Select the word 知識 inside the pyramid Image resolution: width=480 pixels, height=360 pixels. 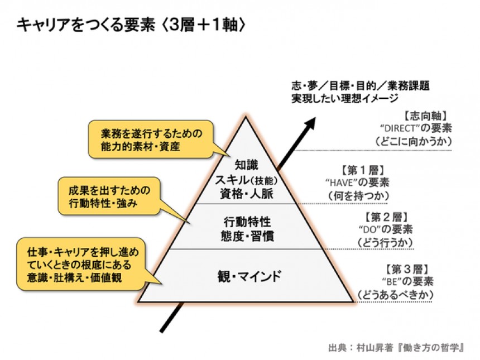[x=246, y=165]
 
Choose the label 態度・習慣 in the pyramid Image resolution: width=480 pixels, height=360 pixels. [x=246, y=237]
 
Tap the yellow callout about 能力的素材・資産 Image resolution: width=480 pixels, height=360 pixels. [x=150, y=140]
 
